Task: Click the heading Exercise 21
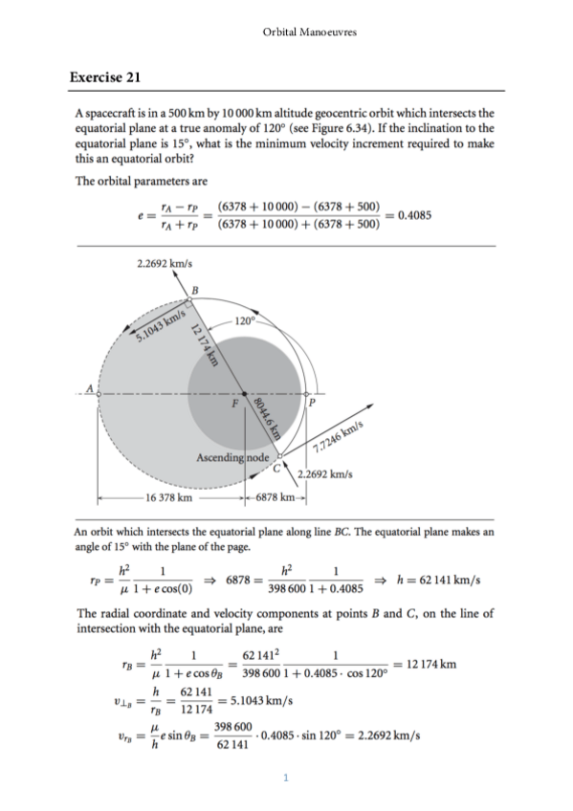point(106,77)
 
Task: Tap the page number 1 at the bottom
point(286,777)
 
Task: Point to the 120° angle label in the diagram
point(243,318)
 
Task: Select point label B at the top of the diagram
point(194,290)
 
